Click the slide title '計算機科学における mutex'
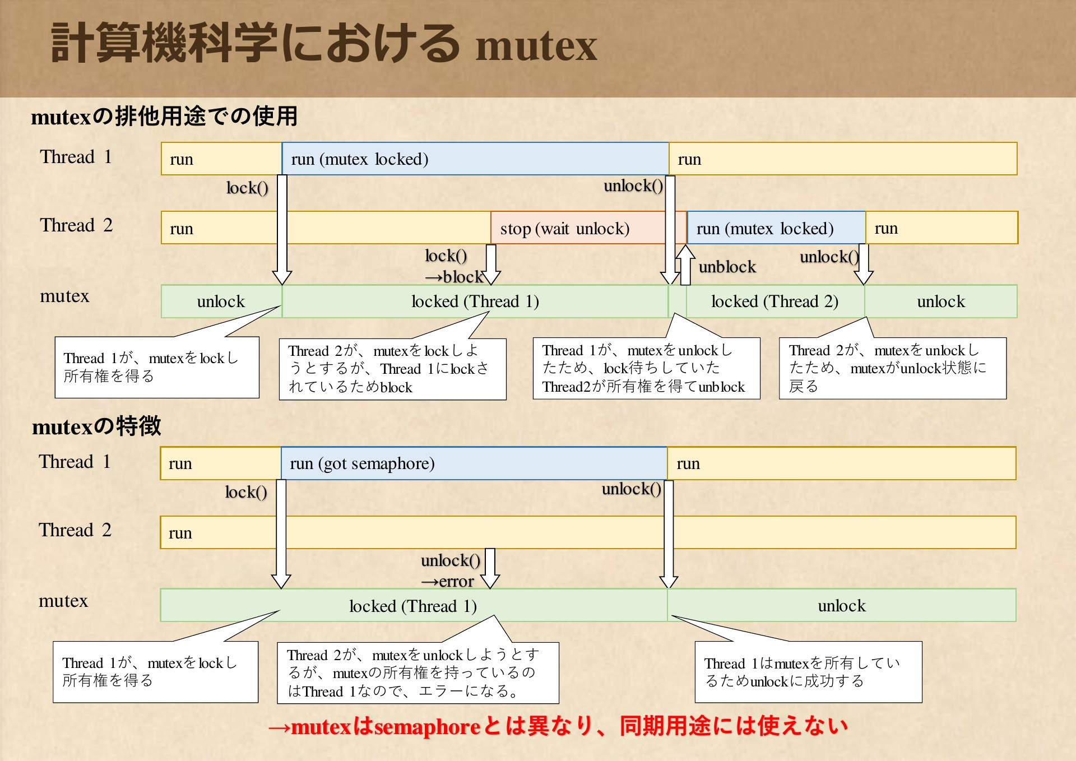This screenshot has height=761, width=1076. (324, 44)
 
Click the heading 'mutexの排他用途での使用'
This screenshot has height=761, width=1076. (164, 117)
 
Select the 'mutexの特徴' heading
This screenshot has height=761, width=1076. (96, 426)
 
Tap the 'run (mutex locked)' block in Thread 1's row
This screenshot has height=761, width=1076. (475, 159)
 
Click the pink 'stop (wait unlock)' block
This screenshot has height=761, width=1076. (588, 228)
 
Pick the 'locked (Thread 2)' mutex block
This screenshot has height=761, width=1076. (775, 301)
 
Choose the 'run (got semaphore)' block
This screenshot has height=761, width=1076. (474, 463)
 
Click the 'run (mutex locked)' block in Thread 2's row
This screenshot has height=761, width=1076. (776, 228)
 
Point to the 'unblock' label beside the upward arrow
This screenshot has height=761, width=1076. (727, 267)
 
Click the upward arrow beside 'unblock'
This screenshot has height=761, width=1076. (685, 265)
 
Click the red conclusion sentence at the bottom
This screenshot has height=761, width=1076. (558, 726)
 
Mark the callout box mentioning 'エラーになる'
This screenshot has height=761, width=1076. (418, 672)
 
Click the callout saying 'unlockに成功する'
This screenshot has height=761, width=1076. (808, 672)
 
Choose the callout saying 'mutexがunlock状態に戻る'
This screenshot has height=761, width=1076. (893, 368)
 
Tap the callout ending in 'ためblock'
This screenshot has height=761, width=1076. (393, 369)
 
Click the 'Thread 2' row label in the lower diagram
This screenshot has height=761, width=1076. (75, 530)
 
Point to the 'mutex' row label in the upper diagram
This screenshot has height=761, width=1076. (64, 296)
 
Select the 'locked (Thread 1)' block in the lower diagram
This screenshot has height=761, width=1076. (414, 605)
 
